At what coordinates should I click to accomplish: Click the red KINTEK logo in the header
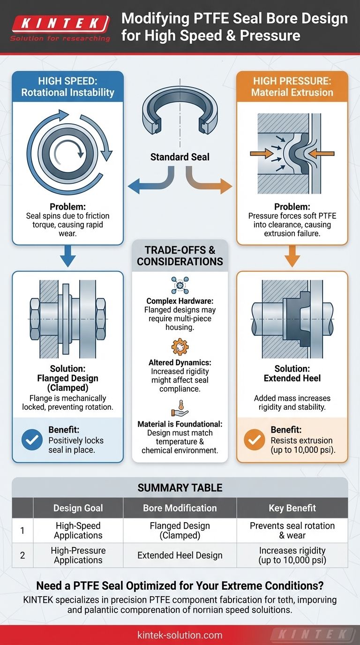click(60, 23)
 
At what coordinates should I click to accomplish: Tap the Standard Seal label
click(180, 157)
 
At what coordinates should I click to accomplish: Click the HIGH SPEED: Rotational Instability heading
click(67, 87)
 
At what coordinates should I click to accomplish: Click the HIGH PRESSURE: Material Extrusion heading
click(292, 87)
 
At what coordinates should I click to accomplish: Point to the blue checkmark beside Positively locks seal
click(31, 441)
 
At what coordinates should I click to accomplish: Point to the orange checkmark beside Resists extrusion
click(255, 441)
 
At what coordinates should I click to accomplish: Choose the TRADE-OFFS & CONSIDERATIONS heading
click(180, 255)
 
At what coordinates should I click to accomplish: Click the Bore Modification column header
click(180, 508)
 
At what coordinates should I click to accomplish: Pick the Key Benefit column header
click(292, 508)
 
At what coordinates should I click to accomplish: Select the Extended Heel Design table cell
click(180, 555)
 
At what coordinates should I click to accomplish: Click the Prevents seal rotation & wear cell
click(292, 531)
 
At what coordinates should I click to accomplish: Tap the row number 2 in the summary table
click(22, 555)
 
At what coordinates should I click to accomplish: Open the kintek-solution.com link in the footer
click(180, 635)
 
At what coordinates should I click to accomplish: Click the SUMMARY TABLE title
click(180, 488)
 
